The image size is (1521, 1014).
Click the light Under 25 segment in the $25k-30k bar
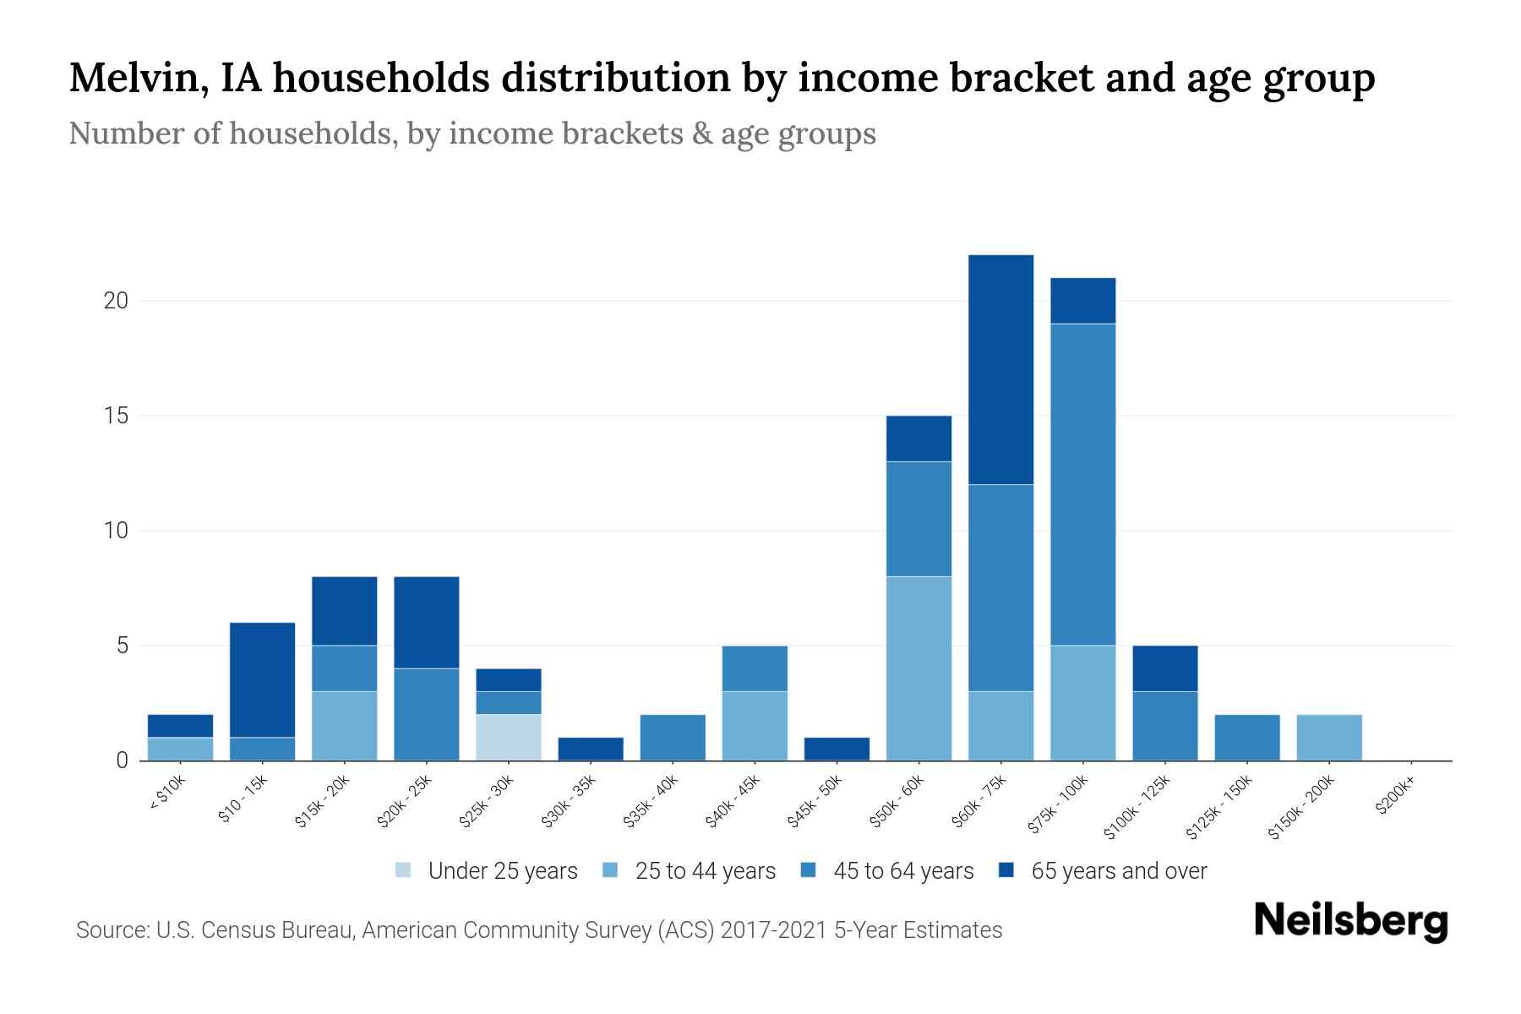click(509, 737)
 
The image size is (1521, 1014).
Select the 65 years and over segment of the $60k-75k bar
click(1000, 369)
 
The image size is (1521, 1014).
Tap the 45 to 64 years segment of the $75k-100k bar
click(1082, 484)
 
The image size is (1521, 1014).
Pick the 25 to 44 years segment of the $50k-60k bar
click(919, 668)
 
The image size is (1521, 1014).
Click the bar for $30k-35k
click(591, 749)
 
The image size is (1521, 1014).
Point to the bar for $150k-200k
click(1329, 737)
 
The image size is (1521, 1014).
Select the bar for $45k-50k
click(837, 749)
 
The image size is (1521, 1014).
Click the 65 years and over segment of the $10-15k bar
click(262, 679)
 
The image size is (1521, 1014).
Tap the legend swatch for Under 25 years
click(404, 870)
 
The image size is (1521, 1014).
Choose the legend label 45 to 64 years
click(902, 870)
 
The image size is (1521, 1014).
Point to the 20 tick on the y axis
click(115, 301)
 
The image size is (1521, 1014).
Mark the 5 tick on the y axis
click(122, 646)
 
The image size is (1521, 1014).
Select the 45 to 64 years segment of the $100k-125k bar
click(1164, 725)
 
